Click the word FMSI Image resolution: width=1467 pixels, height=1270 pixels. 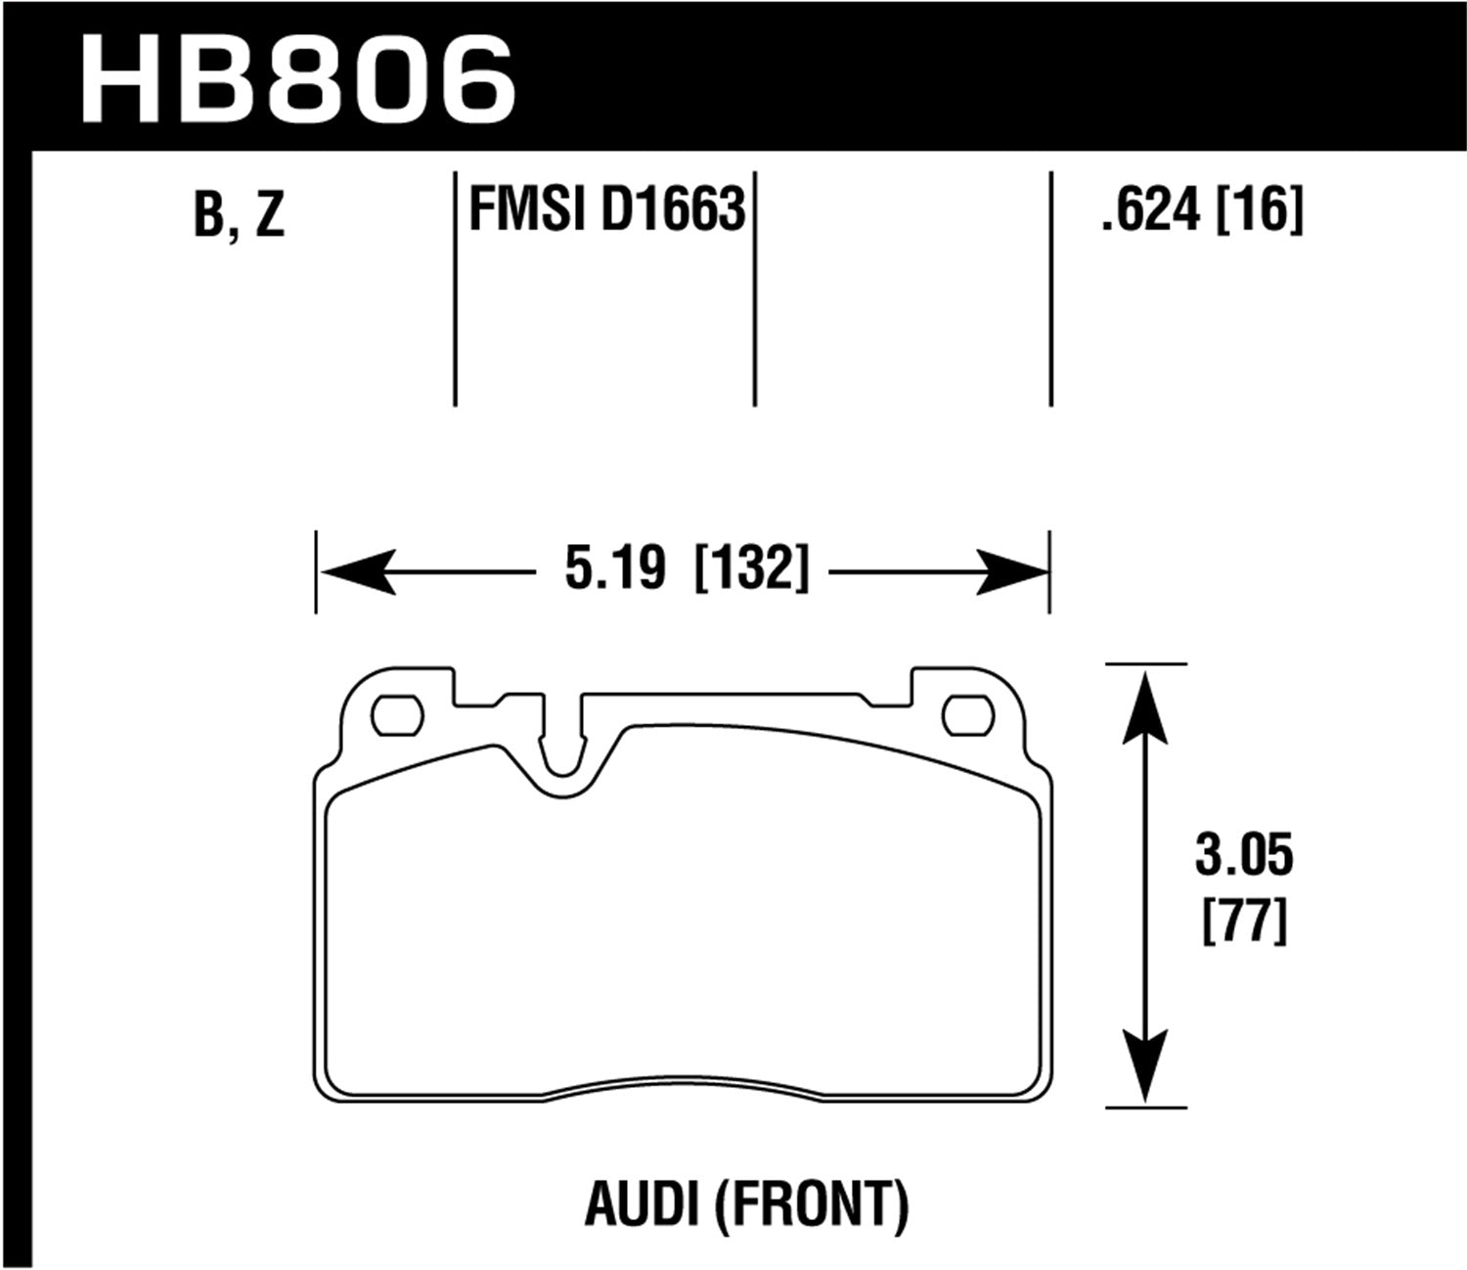528,209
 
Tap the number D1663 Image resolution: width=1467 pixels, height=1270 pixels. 673,209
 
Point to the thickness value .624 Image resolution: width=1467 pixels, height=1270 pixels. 1150,209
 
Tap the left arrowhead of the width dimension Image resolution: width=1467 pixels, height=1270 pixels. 357,571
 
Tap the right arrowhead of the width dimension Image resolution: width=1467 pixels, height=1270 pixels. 1012,571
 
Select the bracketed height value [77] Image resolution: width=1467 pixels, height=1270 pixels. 1243,921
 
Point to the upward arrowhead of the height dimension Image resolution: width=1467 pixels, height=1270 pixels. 1145,704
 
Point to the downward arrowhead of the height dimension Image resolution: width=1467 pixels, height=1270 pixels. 1145,1066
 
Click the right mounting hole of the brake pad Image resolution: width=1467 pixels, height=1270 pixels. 967,715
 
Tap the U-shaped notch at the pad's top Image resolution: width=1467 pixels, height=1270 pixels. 561,743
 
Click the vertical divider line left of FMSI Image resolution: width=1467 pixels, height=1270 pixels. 456,289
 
